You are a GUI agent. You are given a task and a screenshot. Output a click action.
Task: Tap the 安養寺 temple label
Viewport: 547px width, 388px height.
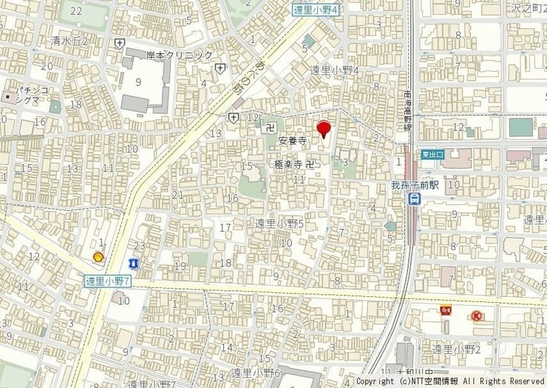293,139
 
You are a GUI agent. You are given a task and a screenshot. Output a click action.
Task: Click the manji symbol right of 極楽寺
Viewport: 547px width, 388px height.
310,163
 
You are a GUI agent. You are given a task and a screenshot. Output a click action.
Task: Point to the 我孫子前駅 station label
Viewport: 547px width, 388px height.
416,185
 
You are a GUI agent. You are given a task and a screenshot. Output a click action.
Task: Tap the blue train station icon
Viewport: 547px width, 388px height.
416,199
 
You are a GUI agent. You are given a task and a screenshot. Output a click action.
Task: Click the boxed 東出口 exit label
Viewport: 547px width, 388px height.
432,154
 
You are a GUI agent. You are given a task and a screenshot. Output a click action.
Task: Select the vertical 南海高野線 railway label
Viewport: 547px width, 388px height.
407,111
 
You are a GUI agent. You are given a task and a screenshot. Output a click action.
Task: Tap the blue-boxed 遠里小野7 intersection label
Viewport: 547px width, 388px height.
107,281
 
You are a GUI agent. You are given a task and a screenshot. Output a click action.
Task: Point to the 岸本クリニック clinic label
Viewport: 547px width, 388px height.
179,56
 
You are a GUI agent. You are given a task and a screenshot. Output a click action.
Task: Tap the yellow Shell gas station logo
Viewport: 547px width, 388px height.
96,256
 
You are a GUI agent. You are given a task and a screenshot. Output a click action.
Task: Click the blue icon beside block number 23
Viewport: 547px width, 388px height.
133,263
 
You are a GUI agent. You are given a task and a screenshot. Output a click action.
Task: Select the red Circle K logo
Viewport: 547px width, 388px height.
477,315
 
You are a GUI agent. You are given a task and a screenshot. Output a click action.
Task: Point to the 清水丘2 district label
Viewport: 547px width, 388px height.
70,41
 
